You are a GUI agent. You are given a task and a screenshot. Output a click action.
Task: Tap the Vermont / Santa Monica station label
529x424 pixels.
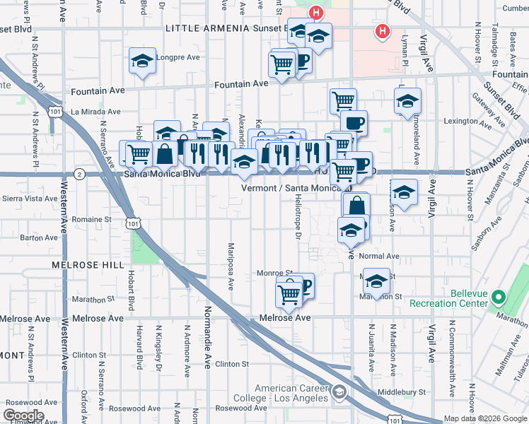point(292,188)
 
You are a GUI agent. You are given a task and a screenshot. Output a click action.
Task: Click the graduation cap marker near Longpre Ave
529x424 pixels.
point(142,61)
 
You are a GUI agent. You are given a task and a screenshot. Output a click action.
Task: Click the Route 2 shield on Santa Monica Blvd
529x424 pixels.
point(79,174)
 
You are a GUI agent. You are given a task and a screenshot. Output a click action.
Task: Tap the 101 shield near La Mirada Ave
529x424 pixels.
point(55,111)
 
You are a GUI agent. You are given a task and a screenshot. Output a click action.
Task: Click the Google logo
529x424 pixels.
point(23,416)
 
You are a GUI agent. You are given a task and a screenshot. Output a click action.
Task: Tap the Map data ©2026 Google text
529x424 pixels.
point(484,418)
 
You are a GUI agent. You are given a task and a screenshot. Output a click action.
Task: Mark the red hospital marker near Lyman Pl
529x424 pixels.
point(383,32)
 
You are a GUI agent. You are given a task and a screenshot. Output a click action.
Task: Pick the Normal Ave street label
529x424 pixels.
point(379,256)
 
